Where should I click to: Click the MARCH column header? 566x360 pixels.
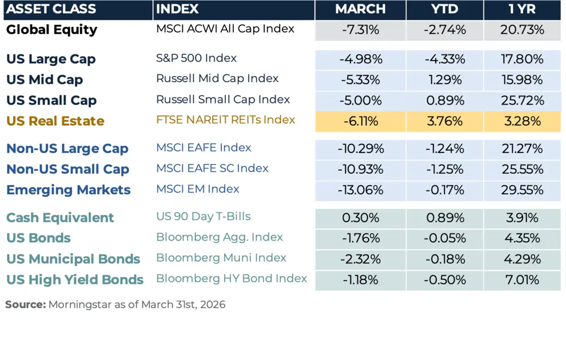pos(360,10)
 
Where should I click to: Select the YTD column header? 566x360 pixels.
pos(445,10)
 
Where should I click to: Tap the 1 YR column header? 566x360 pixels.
pos(521,10)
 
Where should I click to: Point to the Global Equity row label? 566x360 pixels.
pos(51,30)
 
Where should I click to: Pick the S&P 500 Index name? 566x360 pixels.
pos(196,58)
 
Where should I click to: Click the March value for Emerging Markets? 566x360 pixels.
pos(360,190)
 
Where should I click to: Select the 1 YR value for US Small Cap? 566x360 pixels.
pos(521,101)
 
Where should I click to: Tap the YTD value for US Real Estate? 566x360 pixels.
pos(445,121)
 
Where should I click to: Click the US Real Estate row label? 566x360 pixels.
pos(55,121)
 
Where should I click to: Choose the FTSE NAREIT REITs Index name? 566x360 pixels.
pos(225,120)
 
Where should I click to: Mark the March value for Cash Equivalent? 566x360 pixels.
pos(360,218)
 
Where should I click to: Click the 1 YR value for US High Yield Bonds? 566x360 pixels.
pos(521,280)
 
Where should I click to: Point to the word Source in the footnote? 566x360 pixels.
pos(25,305)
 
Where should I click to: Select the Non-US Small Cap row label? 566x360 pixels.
pos(67,169)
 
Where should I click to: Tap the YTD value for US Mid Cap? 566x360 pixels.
pos(445,79)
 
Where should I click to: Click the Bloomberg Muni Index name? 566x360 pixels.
pos(221,258)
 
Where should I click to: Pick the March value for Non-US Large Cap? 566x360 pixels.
pos(360,149)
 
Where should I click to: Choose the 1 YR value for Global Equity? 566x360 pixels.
pos(521,30)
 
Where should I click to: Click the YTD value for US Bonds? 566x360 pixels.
pos(445,238)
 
